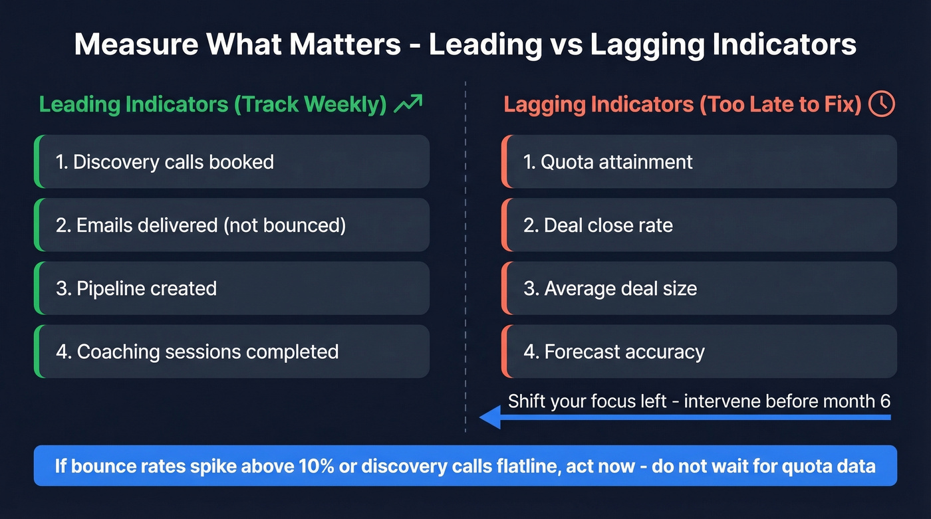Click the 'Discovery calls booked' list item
[x=231, y=161]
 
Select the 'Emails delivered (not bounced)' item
[x=231, y=225]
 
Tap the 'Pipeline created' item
[x=231, y=288]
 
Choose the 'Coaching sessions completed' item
[x=231, y=352]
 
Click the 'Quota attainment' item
[x=698, y=161]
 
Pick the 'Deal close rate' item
[x=698, y=225]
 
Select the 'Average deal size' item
[x=698, y=288]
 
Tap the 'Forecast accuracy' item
[x=698, y=352]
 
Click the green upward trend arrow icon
[x=408, y=104]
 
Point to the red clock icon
[x=882, y=104]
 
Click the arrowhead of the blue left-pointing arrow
[x=490, y=417]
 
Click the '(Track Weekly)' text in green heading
[x=311, y=104]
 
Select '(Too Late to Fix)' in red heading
[x=781, y=104]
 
